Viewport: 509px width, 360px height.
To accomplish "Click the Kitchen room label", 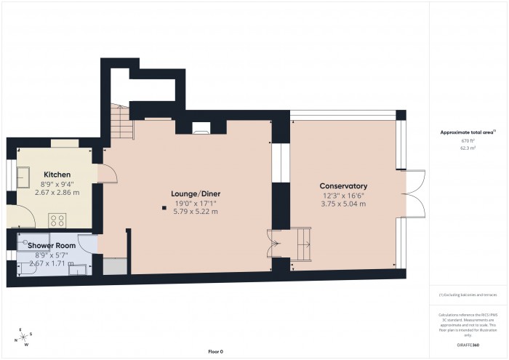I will tap(57, 175).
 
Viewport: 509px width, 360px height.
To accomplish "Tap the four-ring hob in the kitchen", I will tap(57, 220).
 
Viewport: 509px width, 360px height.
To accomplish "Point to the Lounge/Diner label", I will tap(195, 193).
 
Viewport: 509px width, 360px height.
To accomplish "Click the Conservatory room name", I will tap(344, 186).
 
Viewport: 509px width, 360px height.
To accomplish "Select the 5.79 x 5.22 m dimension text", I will tap(195, 212).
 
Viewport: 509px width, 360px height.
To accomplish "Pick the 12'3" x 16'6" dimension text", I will tap(344, 196).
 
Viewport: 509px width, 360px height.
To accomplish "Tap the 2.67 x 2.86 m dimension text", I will tap(57, 192).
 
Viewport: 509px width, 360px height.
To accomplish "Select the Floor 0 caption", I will tap(215, 351).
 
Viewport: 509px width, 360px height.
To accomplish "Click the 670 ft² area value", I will tap(468, 141).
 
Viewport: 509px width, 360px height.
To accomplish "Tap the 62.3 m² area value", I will tap(468, 148).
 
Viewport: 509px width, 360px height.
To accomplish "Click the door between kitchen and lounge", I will tap(106, 173).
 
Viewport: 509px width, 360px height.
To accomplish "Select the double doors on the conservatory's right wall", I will tap(413, 193).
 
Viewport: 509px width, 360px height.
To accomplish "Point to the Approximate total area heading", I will tap(466, 132).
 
